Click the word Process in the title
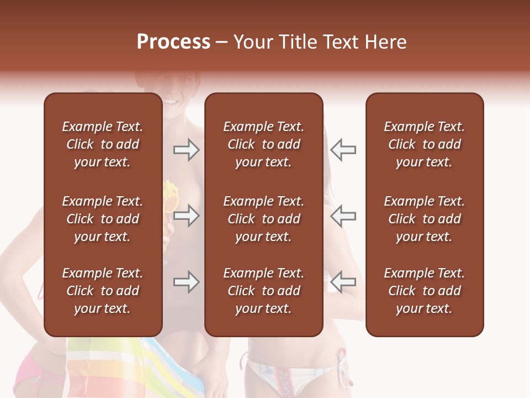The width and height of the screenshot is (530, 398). (173, 42)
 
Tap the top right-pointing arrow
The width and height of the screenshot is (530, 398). (186, 150)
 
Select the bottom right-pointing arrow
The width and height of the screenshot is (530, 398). (186, 282)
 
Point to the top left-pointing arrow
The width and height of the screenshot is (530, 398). (343, 150)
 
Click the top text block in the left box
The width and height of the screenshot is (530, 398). (103, 144)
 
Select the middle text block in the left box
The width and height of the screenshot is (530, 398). (103, 219)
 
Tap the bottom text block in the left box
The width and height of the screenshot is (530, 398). (103, 291)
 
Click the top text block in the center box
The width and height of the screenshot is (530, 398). (263, 144)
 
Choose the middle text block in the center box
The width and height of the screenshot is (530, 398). (263, 219)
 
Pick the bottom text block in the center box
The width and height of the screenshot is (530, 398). (263, 291)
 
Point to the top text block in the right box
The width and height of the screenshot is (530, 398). (424, 144)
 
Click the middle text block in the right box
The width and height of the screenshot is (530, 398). (424, 219)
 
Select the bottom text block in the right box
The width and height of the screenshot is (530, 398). (424, 291)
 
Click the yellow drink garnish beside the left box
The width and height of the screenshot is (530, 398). (168, 193)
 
